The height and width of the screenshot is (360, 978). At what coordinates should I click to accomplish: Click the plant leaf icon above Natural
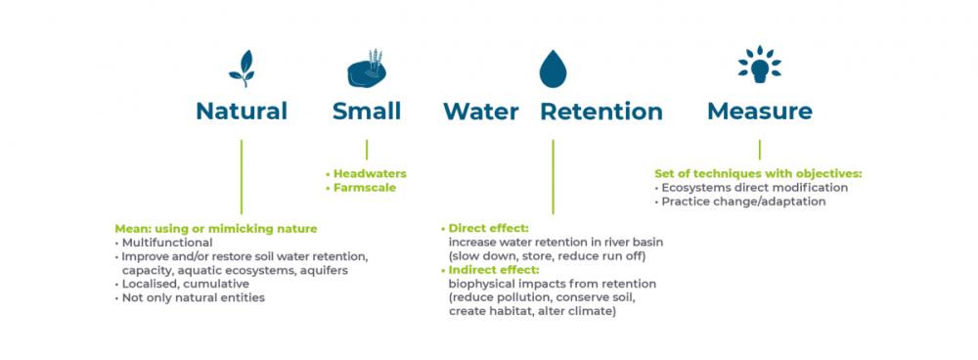[242, 68]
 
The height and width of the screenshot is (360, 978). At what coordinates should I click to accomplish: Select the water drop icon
[553, 68]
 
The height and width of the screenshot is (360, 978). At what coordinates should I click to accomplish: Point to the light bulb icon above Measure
[759, 65]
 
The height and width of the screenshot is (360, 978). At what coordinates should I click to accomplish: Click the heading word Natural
[242, 112]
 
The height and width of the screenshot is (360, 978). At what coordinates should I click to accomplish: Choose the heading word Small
[367, 112]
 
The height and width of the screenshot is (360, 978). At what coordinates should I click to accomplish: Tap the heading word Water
[481, 112]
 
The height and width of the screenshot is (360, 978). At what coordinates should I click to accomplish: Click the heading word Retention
[601, 112]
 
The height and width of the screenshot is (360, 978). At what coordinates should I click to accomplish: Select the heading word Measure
[760, 112]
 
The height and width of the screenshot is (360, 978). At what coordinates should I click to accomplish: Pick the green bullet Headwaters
[366, 174]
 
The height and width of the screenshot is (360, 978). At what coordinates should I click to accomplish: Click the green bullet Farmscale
[361, 187]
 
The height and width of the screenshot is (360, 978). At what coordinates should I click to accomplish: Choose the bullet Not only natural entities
[190, 297]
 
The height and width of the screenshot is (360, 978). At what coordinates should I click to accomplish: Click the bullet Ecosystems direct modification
[751, 188]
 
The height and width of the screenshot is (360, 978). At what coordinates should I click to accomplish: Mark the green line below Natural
[242, 177]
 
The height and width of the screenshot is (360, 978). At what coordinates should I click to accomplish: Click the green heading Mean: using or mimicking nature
[216, 229]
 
